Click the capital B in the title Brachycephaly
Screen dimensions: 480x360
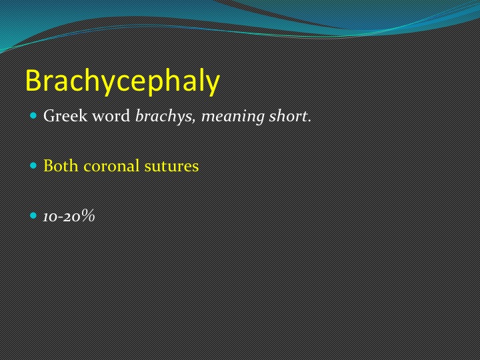point(33,80)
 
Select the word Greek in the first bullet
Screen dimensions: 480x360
point(65,116)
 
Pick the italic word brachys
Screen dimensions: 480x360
point(164,116)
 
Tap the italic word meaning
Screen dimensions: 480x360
point(233,117)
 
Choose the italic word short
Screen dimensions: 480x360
point(288,116)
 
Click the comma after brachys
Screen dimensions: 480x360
point(194,121)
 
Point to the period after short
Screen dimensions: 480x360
point(309,121)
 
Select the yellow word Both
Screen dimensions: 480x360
point(61,165)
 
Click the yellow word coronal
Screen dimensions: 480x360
point(111,166)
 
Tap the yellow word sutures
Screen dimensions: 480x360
point(171,167)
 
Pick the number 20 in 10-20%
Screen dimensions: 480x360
point(73,217)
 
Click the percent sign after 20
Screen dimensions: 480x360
point(88,215)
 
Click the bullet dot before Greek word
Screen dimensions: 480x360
point(33,116)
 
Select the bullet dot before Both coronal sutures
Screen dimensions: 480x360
point(33,165)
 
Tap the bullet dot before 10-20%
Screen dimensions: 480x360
point(33,215)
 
